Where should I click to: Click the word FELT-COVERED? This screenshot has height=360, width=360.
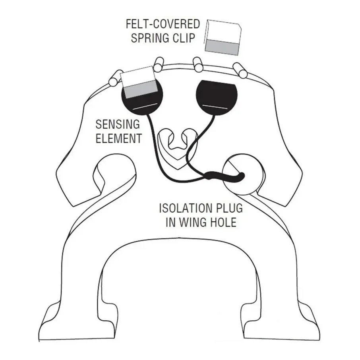[163, 24]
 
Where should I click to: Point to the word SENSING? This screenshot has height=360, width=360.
[118, 124]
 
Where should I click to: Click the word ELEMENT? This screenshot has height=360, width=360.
[118, 138]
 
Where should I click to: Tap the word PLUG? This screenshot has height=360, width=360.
[228, 208]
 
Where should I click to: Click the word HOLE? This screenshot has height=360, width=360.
[223, 222]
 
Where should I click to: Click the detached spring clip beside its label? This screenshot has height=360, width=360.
[223, 37]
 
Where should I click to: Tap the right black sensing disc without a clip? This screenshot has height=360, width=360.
[217, 98]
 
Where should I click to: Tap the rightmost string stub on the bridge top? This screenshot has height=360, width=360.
[240, 70]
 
